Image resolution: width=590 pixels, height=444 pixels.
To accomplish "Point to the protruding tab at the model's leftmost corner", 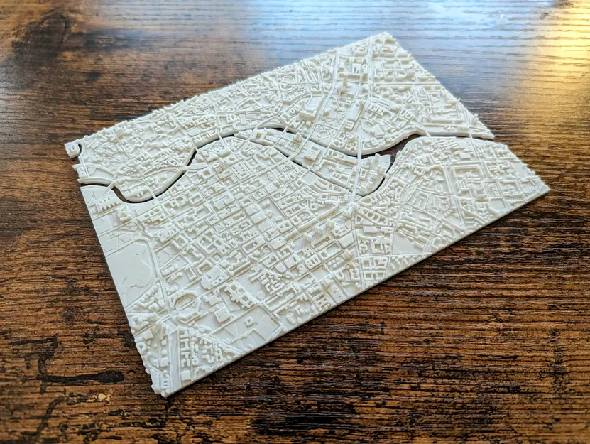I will pos(72,148).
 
